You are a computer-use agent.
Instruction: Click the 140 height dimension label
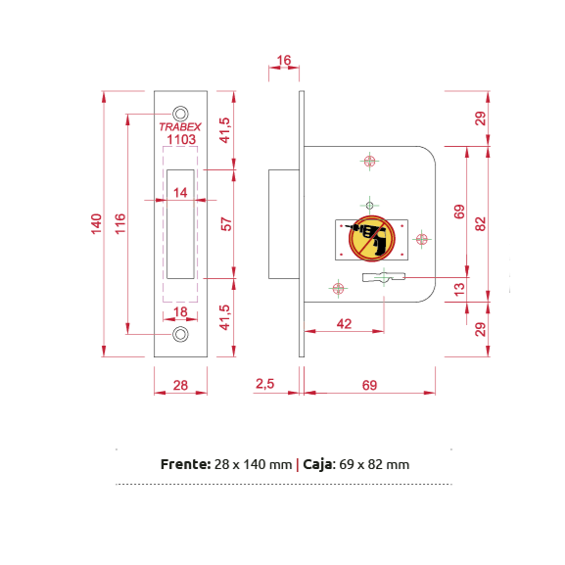coord(96,224)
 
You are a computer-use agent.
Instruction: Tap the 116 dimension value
coord(120,224)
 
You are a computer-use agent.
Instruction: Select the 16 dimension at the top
coord(284,60)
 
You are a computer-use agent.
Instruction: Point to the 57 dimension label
coord(226,224)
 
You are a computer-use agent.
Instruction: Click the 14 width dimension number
coord(180,193)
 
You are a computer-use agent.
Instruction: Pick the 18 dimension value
coord(180,311)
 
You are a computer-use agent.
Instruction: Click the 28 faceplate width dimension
coord(180,385)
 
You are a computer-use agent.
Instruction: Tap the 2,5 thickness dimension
coord(264,384)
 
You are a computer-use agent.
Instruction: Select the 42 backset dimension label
coord(344,324)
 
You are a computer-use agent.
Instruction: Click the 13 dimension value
coord(459,289)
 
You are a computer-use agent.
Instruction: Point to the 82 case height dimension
coord(481,224)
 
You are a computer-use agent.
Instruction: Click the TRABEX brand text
coord(180,127)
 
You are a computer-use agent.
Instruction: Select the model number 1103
coord(181,139)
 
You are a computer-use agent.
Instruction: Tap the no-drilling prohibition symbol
coord(371,238)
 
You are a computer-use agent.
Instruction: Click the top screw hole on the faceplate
coord(180,114)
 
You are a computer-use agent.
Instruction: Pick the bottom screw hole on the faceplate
coord(180,334)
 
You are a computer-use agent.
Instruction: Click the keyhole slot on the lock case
coord(384,277)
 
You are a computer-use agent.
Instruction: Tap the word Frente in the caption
coord(186,464)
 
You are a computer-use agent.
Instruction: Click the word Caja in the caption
coord(319,465)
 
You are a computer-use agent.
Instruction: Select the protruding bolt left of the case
coord(284,224)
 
